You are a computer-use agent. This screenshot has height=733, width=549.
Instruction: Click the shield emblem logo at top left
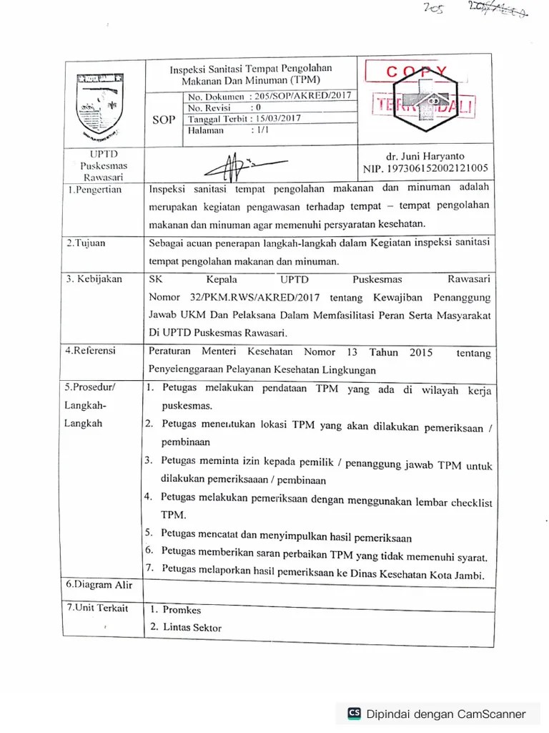click(99, 103)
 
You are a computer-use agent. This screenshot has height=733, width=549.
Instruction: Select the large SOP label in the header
click(164, 120)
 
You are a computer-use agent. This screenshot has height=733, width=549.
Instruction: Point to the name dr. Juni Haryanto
click(425, 155)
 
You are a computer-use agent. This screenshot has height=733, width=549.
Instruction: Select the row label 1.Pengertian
click(94, 190)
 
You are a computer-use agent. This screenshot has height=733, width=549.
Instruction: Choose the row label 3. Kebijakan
click(94, 279)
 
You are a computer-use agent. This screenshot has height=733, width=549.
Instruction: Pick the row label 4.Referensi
click(90, 351)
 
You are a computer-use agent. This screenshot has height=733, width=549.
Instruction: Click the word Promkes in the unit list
click(182, 610)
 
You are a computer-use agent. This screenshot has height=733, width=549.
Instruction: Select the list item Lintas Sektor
click(192, 628)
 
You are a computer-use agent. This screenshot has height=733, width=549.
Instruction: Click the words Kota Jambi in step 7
click(460, 576)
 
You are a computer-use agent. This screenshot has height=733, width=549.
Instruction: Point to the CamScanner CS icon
click(354, 713)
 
